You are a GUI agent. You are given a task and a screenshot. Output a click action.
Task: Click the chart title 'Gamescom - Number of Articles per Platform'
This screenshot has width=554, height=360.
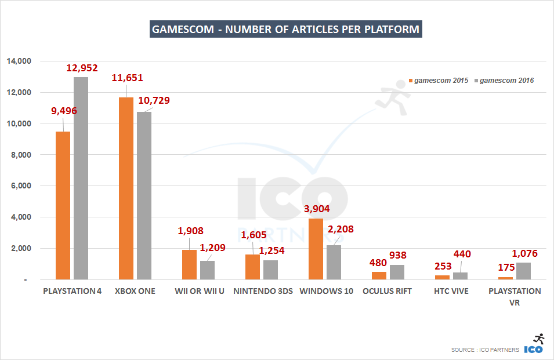pyautogui.click(x=285, y=29)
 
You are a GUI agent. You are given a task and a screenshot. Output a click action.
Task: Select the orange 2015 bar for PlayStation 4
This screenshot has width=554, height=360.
pyautogui.click(x=63, y=206)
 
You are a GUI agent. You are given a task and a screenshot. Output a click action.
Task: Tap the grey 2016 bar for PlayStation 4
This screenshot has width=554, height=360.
pyautogui.click(x=81, y=179)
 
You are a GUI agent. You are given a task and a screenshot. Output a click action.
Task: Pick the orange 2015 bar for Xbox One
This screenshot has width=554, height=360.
pyautogui.click(x=126, y=188)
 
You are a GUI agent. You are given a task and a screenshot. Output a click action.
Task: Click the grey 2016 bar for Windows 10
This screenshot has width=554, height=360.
pyautogui.click(x=334, y=262)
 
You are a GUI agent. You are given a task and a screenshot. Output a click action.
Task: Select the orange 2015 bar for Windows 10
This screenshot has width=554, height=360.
pyautogui.click(x=316, y=249)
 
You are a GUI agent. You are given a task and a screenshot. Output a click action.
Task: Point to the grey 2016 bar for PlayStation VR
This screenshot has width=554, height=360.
pyautogui.click(x=523, y=271)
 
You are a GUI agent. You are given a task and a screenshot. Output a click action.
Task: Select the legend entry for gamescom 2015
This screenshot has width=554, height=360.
pyautogui.click(x=439, y=81)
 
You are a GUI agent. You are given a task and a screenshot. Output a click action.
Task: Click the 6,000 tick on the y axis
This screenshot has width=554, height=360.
pyautogui.click(x=24, y=186)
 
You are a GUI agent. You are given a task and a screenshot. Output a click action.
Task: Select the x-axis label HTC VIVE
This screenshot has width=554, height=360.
pyautogui.click(x=450, y=291)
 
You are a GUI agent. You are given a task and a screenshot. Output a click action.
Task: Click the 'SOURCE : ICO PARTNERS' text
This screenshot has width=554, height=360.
pyautogui.click(x=486, y=350)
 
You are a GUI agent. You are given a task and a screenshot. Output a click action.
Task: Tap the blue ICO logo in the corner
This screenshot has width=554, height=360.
pyautogui.click(x=534, y=349)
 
